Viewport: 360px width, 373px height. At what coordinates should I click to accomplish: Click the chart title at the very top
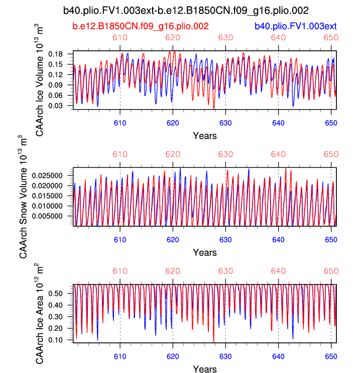tap(186, 10)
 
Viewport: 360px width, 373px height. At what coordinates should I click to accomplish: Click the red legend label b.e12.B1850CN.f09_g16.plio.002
tap(141, 26)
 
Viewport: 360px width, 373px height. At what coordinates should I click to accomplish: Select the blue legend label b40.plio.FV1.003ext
tap(295, 26)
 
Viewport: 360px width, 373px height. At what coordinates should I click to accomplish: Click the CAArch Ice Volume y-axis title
tap(41, 79)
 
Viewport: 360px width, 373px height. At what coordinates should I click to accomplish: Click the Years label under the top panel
tap(205, 135)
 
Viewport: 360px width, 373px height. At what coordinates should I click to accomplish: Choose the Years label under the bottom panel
tap(205, 369)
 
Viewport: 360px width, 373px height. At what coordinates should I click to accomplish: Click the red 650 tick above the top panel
tap(331, 38)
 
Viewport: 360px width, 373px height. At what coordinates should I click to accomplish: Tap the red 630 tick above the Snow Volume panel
tap(225, 154)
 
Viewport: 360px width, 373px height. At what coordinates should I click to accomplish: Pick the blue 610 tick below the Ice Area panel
tap(120, 355)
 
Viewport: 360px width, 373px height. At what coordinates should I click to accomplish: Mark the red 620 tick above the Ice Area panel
tap(173, 271)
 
